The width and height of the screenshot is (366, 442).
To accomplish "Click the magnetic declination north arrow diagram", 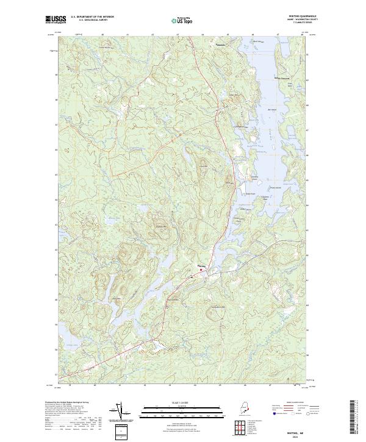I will click(x=118, y=412).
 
